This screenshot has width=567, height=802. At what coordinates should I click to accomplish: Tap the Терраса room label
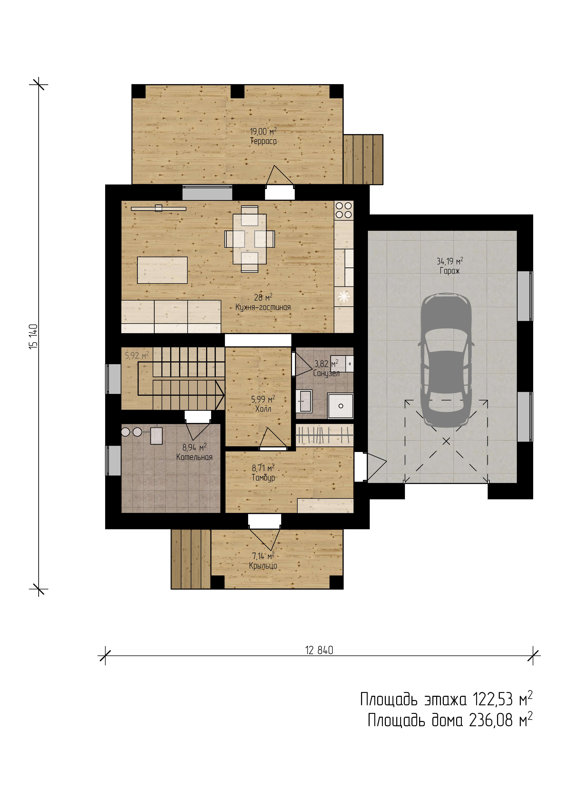pos(263,141)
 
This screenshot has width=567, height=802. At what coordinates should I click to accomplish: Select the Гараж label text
pos(450,271)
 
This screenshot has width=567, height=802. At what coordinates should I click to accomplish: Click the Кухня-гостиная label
pos(263,307)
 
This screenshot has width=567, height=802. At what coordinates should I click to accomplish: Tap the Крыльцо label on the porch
pos(263,566)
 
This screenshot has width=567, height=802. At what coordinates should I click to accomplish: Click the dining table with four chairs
pos(249,239)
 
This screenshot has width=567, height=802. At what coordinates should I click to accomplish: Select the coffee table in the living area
pos(162,270)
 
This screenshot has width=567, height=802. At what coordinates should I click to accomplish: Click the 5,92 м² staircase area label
pos(137,356)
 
